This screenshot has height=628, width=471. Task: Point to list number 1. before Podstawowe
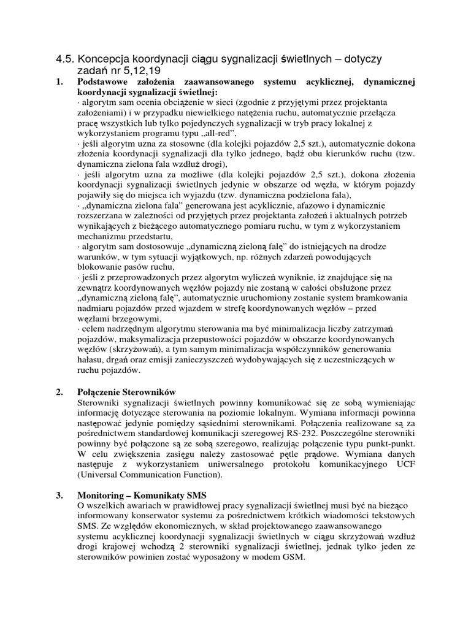60,82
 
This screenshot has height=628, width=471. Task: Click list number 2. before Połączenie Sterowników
60,391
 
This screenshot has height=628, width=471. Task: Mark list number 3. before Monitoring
60,494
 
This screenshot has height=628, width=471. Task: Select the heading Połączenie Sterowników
128,391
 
